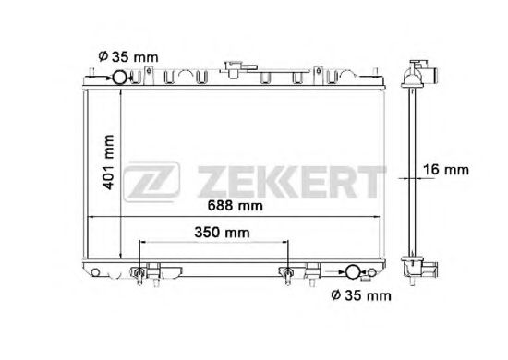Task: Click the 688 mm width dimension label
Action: click(x=235, y=205)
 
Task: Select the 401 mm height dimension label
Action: click(x=108, y=162)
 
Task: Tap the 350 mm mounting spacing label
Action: click(x=222, y=233)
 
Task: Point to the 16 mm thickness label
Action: click(x=446, y=170)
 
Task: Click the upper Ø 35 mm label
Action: click(x=128, y=57)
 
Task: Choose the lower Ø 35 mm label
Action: click(x=361, y=295)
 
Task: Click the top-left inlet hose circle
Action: click(x=119, y=78)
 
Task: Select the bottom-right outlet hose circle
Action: click(x=353, y=272)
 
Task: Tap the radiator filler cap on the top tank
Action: click(x=238, y=69)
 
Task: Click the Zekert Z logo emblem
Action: click(x=151, y=181)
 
